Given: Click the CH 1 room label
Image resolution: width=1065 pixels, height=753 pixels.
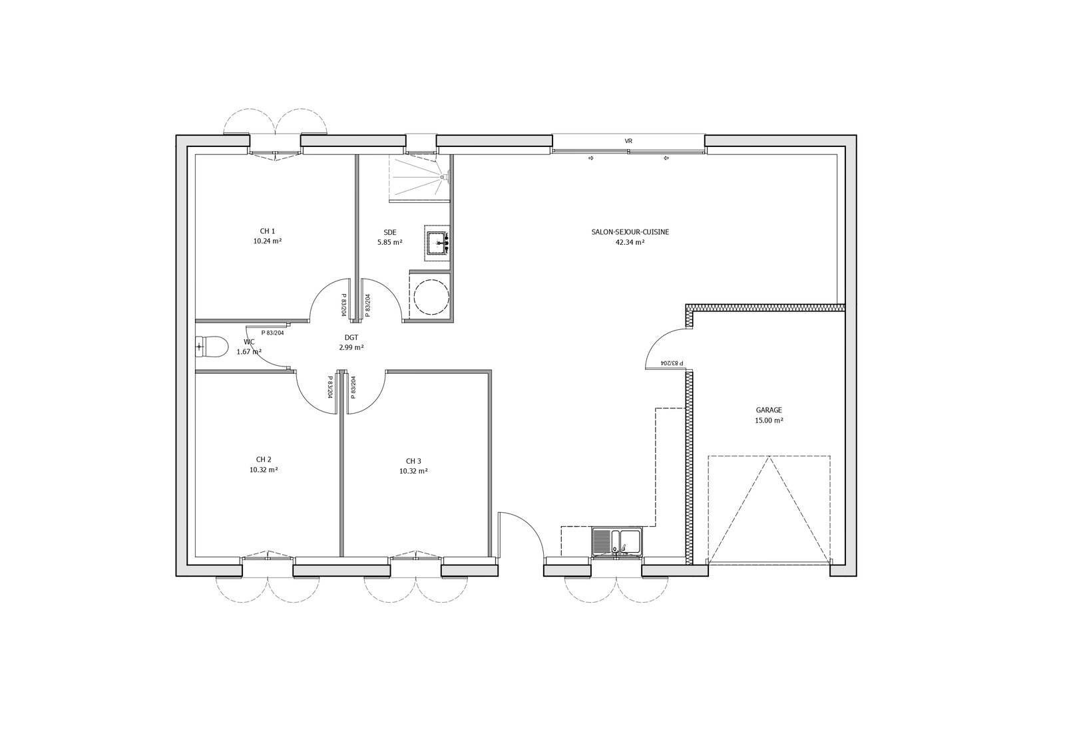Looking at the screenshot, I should [x=267, y=231].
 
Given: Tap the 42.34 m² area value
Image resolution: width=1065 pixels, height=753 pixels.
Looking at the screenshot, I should [x=630, y=242].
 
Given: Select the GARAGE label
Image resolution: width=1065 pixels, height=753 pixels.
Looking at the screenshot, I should [x=769, y=410].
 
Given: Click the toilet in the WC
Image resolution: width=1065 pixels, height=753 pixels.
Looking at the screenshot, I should [x=211, y=347].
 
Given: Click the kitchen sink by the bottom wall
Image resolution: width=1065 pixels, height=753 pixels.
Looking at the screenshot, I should [x=617, y=541].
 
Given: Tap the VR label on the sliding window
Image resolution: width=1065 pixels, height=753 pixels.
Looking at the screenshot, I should [x=628, y=142].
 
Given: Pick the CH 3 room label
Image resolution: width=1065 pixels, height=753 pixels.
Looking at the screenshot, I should [x=413, y=461].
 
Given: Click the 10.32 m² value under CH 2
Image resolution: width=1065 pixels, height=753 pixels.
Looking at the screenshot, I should [x=264, y=470].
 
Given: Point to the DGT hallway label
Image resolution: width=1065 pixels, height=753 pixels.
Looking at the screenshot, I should [x=351, y=338].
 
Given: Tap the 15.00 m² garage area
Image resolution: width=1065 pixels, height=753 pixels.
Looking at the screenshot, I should [x=769, y=420].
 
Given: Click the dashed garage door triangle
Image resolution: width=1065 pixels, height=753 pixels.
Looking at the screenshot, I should [x=769, y=509].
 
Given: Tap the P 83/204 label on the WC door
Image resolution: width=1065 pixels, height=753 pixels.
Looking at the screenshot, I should [x=272, y=333].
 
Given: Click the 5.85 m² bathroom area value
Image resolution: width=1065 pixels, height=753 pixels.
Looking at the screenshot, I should [x=390, y=242].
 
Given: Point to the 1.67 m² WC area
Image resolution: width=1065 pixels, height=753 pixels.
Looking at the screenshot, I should [x=249, y=351].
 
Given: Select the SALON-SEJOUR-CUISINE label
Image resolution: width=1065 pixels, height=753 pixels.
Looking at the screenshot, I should [x=630, y=232].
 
